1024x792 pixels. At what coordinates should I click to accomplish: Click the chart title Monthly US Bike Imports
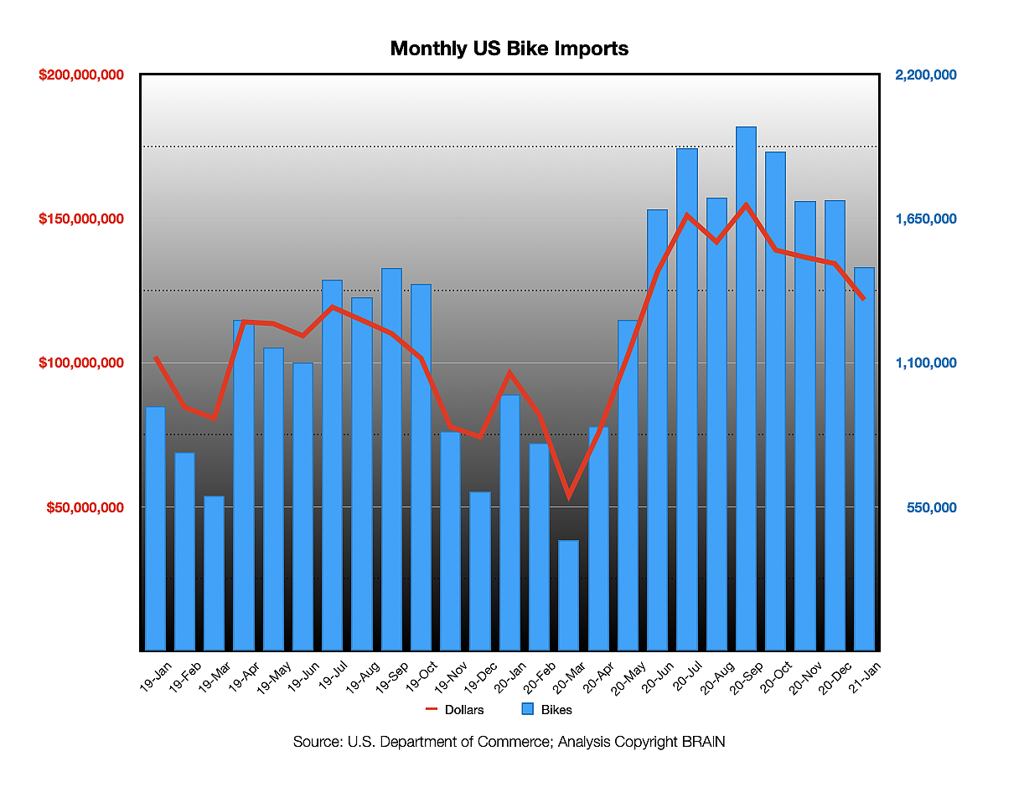click(509, 49)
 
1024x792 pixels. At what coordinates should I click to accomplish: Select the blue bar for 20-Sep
click(746, 388)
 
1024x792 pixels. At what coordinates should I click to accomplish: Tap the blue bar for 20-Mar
click(568, 595)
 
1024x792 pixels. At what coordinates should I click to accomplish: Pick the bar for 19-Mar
click(214, 573)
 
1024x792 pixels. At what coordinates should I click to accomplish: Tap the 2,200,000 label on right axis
click(926, 75)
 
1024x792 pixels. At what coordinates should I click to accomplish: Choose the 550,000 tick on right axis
click(932, 507)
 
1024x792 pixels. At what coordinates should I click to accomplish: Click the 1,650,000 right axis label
click(926, 219)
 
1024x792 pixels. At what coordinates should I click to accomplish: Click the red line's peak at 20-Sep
click(746, 204)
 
